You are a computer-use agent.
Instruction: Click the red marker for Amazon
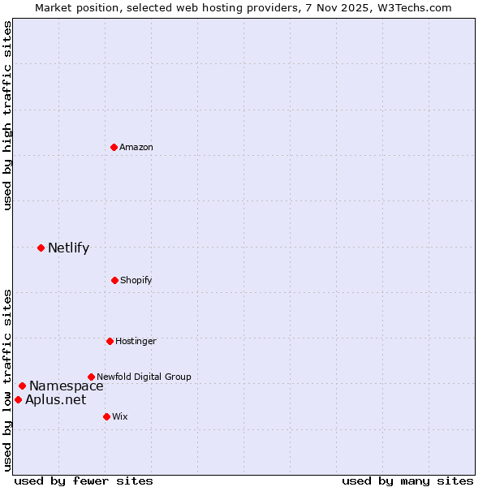click(x=114, y=147)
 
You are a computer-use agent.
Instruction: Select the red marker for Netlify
click(x=41, y=248)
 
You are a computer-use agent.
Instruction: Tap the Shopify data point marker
click(x=114, y=280)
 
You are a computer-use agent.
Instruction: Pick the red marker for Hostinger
click(x=110, y=341)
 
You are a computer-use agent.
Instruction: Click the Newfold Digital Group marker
click(x=91, y=377)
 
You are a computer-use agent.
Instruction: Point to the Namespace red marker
click(x=22, y=386)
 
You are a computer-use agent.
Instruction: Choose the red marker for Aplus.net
click(x=18, y=399)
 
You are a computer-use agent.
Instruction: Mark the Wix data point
click(x=106, y=416)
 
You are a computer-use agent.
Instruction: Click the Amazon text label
click(x=136, y=147)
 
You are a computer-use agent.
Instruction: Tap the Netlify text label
click(x=68, y=248)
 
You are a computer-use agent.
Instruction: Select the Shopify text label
click(x=136, y=280)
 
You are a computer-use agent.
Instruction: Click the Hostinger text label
click(x=136, y=341)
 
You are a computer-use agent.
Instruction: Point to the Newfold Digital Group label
click(x=144, y=377)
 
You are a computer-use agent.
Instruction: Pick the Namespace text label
click(x=67, y=386)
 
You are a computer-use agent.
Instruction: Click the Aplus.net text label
click(x=55, y=399)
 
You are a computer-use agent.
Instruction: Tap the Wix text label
click(x=120, y=416)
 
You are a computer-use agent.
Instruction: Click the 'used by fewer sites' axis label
click(x=84, y=481)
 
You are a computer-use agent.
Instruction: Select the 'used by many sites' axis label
click(x=407, y=481)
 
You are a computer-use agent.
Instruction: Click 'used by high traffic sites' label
click(x=7, y=115)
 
